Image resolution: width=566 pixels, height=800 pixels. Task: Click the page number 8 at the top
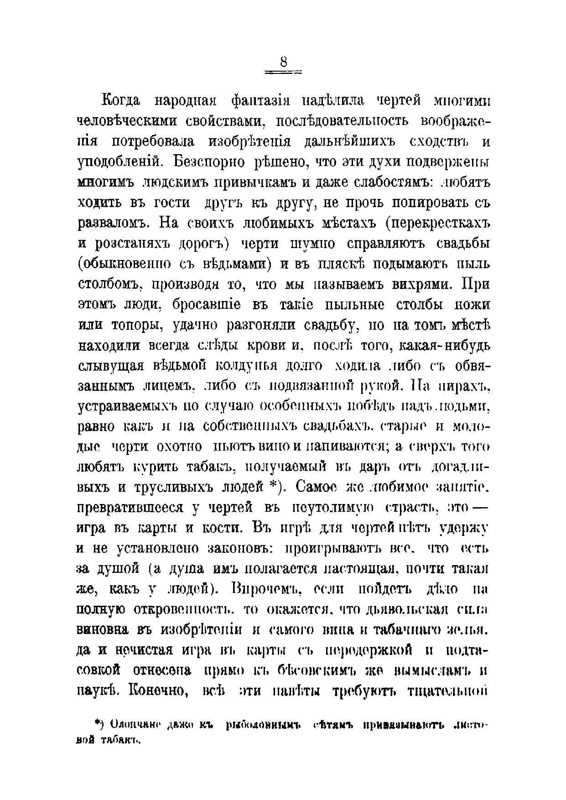click(x=283, y=62)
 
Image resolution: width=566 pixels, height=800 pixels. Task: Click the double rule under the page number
click(x=283, y=72)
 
